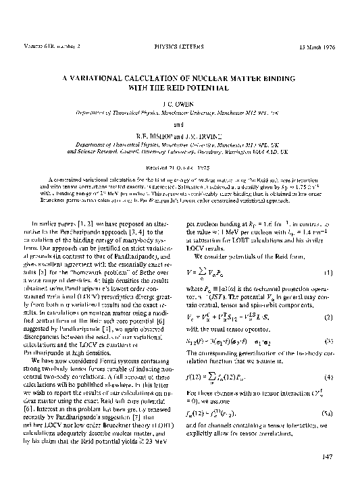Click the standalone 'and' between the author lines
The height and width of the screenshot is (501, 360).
coord(179,124)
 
